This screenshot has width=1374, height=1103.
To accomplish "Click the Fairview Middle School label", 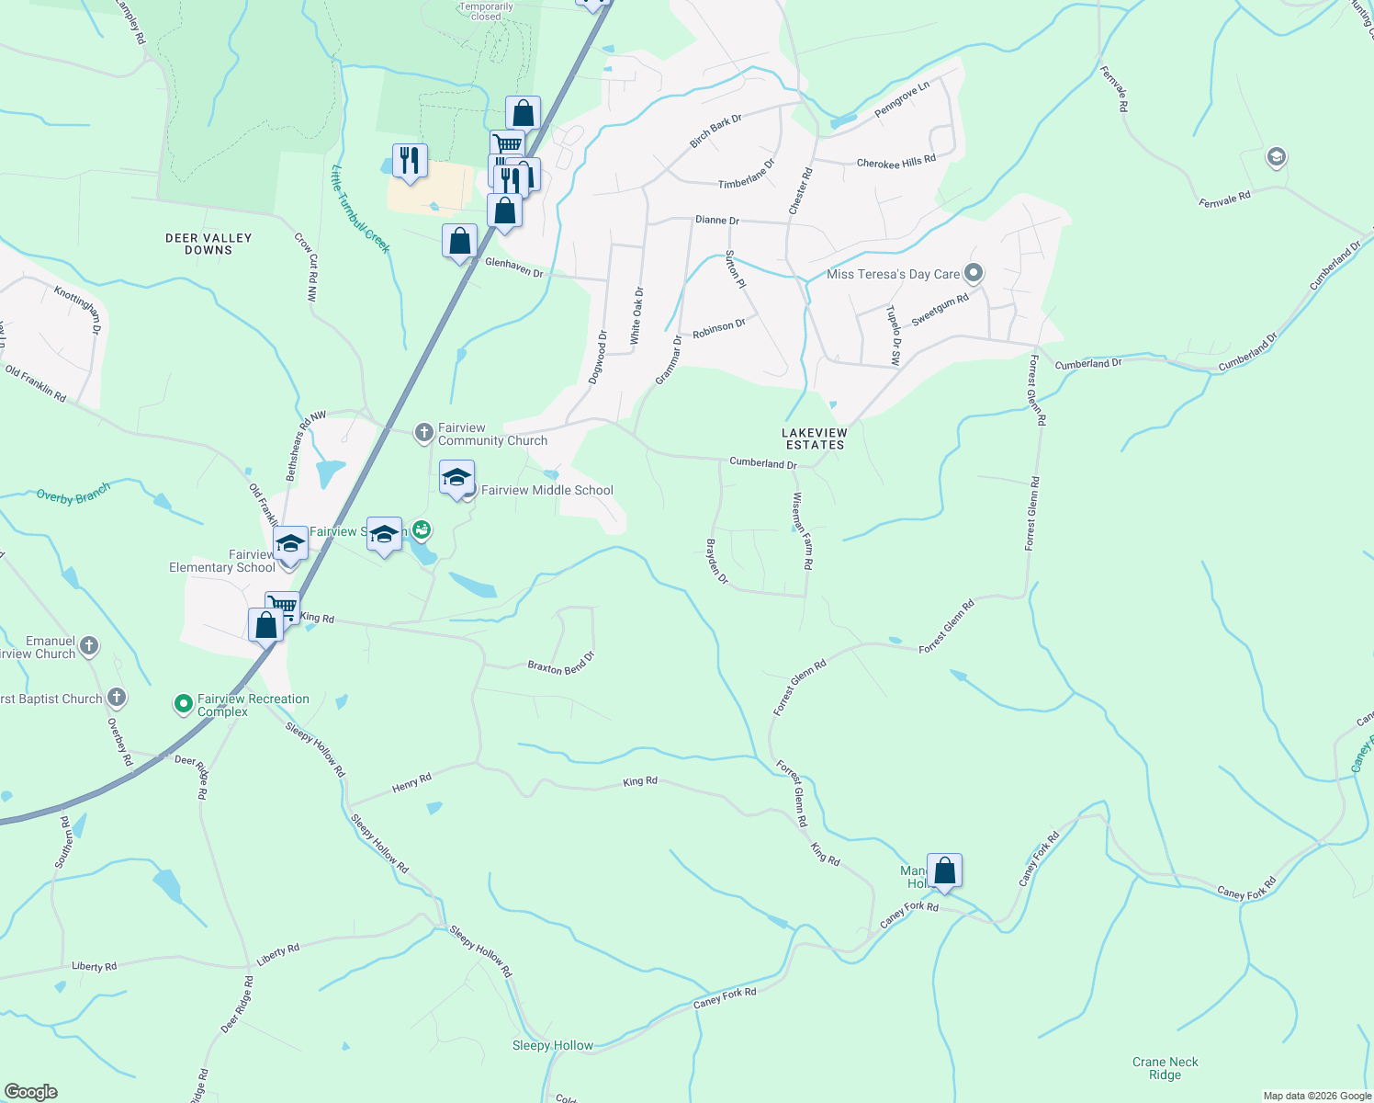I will [x=546, y=491].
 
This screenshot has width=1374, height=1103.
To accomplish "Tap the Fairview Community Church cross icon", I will [x=423, y=432].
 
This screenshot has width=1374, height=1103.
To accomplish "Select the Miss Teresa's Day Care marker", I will [x=974, y=273].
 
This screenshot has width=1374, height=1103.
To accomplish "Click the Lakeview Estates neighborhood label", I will [x=815, y=438].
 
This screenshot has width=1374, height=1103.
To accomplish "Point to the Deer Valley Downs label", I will [x=208, y=244].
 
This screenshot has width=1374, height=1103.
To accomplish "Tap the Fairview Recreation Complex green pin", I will [x=184, y=705].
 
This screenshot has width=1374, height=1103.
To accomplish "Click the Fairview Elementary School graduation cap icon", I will [x=290, y=543].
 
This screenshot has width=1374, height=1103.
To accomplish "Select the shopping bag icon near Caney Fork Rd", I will [x=944, y=870].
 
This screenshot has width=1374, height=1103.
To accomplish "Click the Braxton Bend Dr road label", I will [x=561, y=664].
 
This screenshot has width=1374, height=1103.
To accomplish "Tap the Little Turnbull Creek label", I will [x=361, y=210].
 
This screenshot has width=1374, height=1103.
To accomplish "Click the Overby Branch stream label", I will [x=73, y=494].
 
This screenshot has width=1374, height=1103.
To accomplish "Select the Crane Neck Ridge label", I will [x=1165, y=1068].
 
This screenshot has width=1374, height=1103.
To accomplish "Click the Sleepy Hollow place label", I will [x=553, y=1046].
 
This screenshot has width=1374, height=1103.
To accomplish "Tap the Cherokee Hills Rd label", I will [x=895, y=163].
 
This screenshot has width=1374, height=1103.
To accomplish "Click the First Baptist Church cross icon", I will [x=117, y=698].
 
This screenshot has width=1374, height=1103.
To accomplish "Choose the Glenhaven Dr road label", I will [x=514, y=267].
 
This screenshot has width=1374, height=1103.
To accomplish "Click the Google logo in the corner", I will [x=31, y=1092].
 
